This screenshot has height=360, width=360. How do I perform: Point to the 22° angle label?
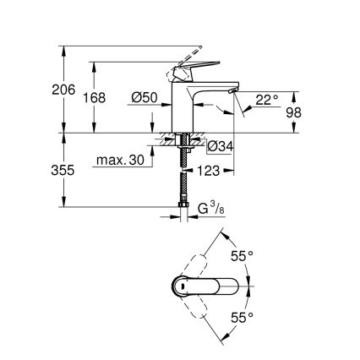[x=266, y=100]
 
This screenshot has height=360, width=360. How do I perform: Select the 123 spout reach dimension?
[x=209, y=171]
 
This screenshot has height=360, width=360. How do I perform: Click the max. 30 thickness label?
[x=120, y=161]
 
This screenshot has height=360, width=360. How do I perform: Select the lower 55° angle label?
[x=243, y=317]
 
